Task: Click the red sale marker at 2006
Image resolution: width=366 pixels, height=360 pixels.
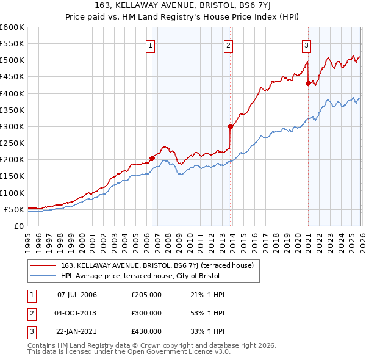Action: pyautogui.click(x=152, y=157)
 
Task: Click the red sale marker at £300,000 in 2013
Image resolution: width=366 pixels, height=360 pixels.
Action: pyautogui.click(x=230, y=126)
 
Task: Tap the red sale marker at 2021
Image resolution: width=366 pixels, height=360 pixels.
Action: pyautogui.click(x=308, y=83)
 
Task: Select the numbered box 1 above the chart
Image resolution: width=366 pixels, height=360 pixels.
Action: pyautogui.click(x=150, y=44)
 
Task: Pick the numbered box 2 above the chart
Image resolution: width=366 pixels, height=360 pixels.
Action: pyautogui.click(x=228, y=44)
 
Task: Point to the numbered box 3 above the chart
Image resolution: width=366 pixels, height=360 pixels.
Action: pyautogui.click(x=306, y=44)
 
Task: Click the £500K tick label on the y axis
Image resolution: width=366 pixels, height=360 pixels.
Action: pyautogui.click(x=12, y=60)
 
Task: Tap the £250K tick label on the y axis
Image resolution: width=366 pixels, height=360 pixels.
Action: pyautogui.click(x=12, y=143)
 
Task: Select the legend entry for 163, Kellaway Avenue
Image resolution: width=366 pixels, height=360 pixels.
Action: pyautogui.click(x=160, y=265)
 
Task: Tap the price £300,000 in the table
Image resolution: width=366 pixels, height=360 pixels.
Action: pyautogui.click(x=146, y=313)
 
